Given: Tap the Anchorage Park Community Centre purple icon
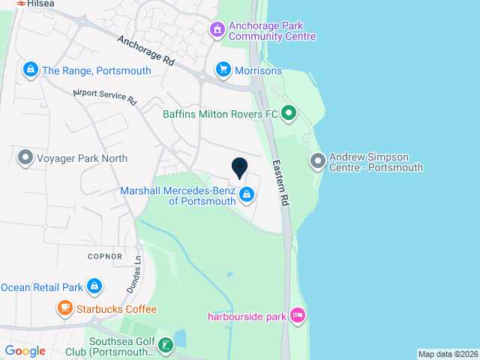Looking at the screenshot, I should pyautogui.click(x=217, y=30).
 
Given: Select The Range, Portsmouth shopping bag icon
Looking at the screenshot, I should pyautogui.click(x=30, y=70).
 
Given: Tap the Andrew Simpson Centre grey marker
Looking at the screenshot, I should pyautogui.click(x=317, y=161).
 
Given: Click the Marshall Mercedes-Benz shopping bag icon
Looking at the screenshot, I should pyautogui.click(x=247, y=196).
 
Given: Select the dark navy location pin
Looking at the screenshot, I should pyautogui.click(x=240, y=169).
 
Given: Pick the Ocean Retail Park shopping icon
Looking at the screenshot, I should pyautogui.click(x=94, y=286).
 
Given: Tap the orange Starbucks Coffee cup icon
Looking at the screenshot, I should pyautogui.click(x=64, y=309).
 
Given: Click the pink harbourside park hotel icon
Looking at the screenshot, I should pyautogui.click(x=298, y=316).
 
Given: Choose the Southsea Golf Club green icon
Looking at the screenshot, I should pyautogui.click(x=166, y=346).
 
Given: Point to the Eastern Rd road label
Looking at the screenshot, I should pyautogui.click(x=280, y=183).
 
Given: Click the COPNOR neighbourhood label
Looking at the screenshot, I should pyautogui.click(x=104, y=256).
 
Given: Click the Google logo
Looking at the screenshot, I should pyautogui.click(x=25, y=350).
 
